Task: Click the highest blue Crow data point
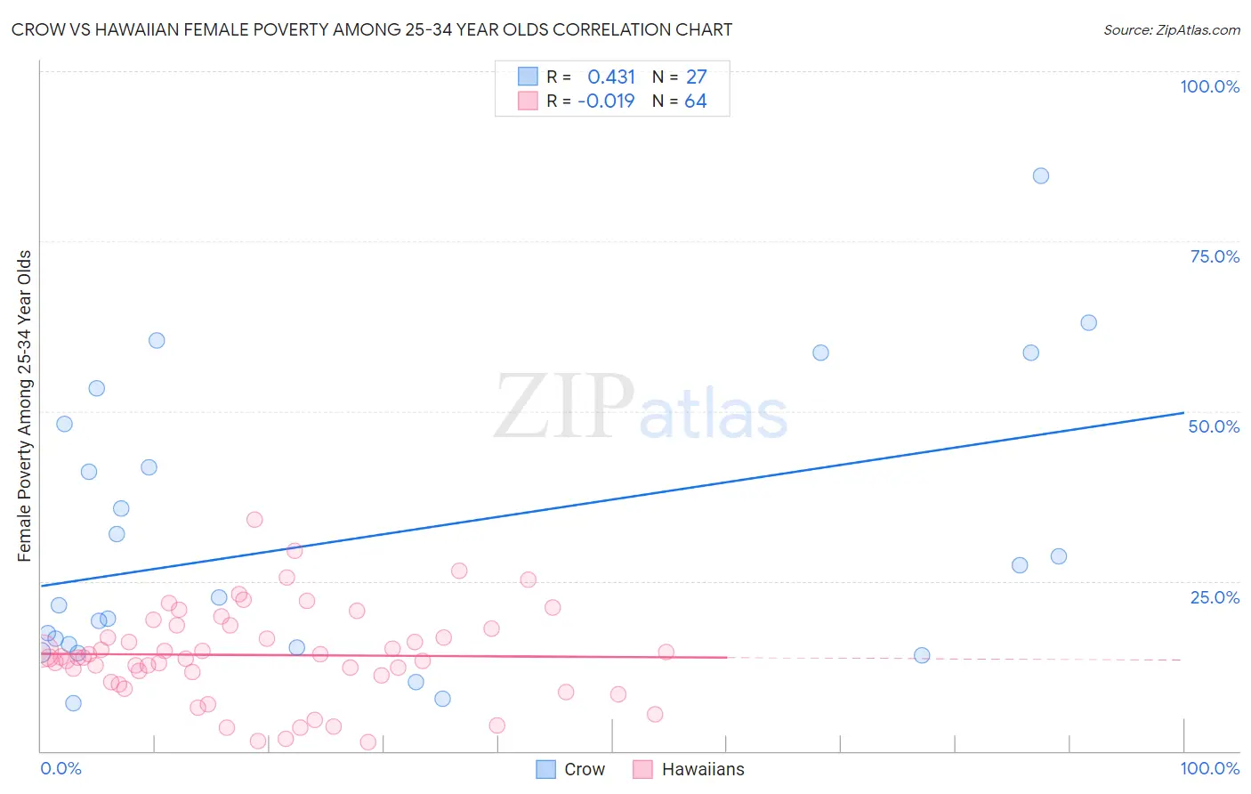[1040, 175]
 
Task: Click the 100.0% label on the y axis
[1209, 86]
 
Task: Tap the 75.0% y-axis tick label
[1215, 256]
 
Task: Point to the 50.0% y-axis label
[1214, 426]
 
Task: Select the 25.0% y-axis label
[1215, 597]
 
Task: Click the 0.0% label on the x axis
[61, 768]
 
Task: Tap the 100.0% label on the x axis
[1209, 768]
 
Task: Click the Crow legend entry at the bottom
[584, 769]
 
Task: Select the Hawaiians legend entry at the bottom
[702, 769]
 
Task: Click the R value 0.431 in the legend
[611, 77]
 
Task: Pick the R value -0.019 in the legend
[606, 101]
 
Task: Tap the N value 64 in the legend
[695, 101]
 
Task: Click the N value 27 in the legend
[696, 77]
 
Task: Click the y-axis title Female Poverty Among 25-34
[24, 406]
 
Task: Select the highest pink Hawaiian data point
[254, 519]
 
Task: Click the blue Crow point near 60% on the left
[157, 340]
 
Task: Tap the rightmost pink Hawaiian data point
[666, 652]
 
